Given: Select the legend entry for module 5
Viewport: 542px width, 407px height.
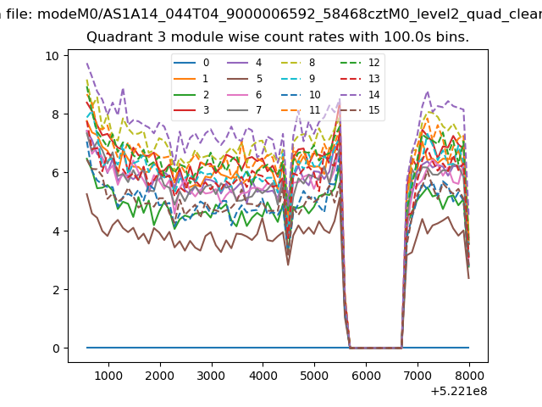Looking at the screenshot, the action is click(245, 79).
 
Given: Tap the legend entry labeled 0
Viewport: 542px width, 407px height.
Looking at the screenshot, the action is click(191, 63).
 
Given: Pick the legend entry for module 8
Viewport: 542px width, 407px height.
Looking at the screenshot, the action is click(297, 63).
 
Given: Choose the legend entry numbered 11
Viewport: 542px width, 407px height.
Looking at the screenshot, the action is click(300, 110).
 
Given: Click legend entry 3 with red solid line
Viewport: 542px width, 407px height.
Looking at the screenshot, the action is click(191, 110).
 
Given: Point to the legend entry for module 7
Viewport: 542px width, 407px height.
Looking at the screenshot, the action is click(245, 110).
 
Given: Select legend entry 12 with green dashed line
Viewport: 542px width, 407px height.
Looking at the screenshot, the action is click(360, 63).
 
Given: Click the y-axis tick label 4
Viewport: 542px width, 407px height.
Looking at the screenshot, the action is click(56, 231).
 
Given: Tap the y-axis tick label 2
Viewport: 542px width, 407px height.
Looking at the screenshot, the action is click(56, 290).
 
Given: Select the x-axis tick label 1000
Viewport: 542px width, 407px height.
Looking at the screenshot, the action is click(108, 376).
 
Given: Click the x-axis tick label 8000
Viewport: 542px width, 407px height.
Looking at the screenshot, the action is click(469, 376).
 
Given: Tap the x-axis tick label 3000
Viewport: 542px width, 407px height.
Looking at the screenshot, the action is click(212, 376).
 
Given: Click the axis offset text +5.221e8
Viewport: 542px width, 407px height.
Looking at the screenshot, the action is click(459, 392).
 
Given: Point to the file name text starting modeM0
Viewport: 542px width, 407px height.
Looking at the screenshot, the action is click(290, 14).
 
